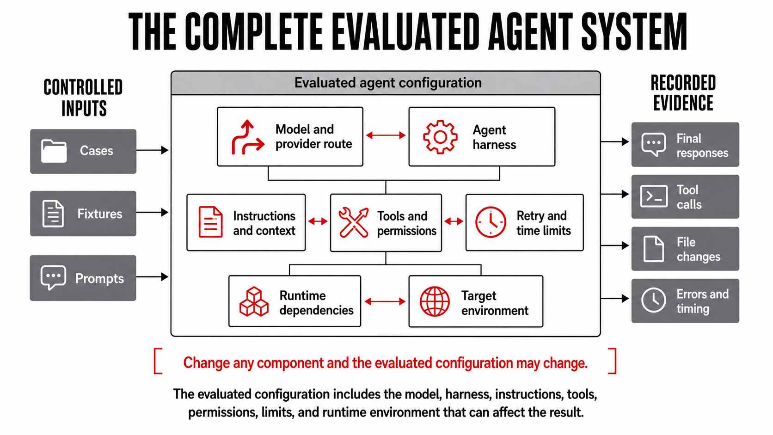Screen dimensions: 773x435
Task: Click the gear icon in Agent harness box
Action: click(440, 137)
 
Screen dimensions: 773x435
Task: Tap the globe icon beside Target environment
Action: click(435, 301)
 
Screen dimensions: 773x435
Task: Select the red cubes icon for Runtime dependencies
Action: click(254, 301)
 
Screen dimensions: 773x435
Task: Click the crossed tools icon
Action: click(353, 222)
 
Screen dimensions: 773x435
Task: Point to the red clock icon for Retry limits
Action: click(491, 222)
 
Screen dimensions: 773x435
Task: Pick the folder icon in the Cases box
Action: click(54, 151)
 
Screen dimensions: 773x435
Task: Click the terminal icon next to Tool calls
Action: click(654, 196)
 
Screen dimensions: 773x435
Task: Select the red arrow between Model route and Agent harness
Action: click(386, 135)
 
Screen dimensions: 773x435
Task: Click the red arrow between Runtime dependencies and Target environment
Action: click(385, 301)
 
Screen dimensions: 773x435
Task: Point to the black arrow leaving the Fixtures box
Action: click(152, 212)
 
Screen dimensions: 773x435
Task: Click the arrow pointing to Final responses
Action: click(614, 141)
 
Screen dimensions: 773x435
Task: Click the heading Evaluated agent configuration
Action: click(388, 83)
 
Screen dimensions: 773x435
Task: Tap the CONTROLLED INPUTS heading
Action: click(83, 98)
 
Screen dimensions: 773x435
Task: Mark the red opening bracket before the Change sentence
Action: click(158, 361)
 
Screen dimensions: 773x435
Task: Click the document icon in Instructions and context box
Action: click(210, 222)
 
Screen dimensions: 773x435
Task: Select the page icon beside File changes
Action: click(654, 249)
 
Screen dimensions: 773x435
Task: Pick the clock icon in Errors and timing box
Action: click(654, 300)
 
